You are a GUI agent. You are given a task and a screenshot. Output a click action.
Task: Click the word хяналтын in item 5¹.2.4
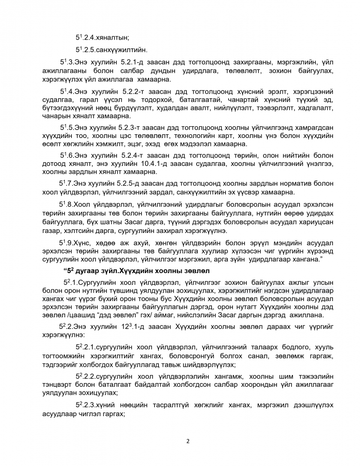tap(114, 37)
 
